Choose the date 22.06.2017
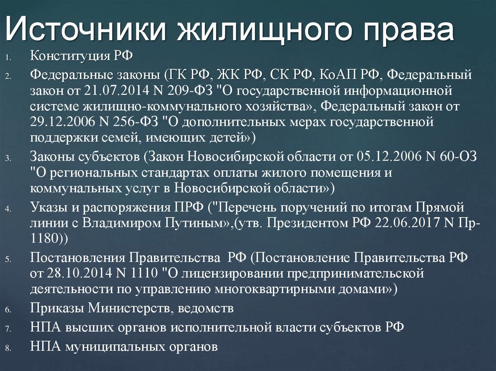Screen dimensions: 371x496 click(416, 224)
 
